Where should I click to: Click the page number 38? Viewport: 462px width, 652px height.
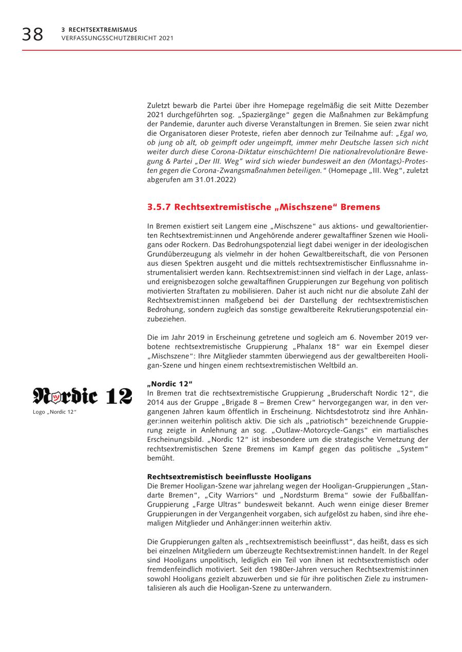click(32, 34)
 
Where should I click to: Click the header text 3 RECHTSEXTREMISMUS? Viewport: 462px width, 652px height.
click(99, 30)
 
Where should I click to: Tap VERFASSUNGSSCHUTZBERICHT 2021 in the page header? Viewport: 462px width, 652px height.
click(117, 38)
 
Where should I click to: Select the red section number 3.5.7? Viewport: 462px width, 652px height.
click(159, 207)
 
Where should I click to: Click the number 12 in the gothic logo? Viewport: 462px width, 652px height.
click(119, 396)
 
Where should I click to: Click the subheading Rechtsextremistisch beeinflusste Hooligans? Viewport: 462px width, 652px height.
click(229, 477)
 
